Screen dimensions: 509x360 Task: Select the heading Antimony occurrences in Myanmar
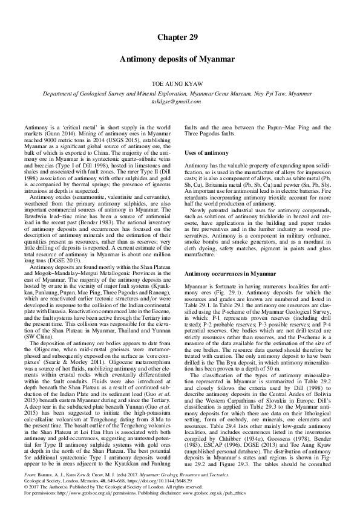point(227,274)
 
